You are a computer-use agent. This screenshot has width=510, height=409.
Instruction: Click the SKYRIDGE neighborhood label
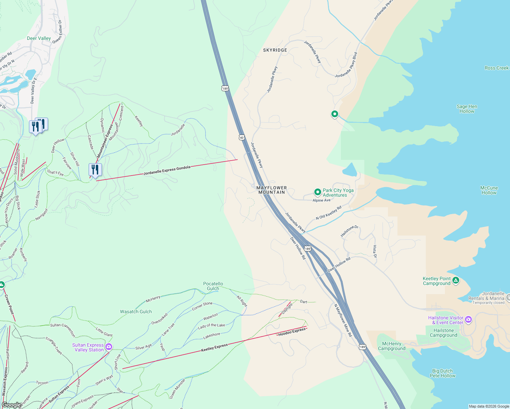click(275, 50)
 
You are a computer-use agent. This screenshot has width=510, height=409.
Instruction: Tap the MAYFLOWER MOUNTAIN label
click(271, 190)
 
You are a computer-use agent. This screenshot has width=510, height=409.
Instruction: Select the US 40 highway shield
click(242, 137)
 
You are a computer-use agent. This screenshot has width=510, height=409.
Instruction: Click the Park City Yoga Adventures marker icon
click(317, 192)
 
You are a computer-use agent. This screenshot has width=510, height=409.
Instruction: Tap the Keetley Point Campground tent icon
click(456, 281)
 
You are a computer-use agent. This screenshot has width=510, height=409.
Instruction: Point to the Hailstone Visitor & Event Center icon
click(468, 320)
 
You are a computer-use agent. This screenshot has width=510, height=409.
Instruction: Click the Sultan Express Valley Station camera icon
click(109, 347)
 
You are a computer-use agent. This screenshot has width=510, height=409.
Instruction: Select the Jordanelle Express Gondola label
click(167, 170)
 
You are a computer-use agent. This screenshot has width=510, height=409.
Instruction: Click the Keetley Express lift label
click(214, 348)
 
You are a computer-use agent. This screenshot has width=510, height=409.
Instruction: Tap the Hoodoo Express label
click(292, 332)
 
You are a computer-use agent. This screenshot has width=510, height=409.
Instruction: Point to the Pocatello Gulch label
click(213, 286)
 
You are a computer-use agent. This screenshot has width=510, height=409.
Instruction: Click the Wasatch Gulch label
click(136, 312)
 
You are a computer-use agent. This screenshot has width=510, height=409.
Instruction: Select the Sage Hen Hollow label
click(467, 109)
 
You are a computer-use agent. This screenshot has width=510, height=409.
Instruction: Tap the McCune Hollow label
click(489, 190)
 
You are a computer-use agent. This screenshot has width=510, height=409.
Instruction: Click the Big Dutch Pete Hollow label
click(442, 373)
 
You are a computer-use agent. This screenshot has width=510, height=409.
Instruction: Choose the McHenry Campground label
click(392, 346)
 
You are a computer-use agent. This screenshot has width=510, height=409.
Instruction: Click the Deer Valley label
click(39, 38)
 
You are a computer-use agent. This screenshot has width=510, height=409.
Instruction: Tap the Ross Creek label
click(496, 68)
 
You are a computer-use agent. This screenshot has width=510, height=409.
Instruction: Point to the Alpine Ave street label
click(321, 200)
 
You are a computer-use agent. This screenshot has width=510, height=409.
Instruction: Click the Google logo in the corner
click(11, 405)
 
